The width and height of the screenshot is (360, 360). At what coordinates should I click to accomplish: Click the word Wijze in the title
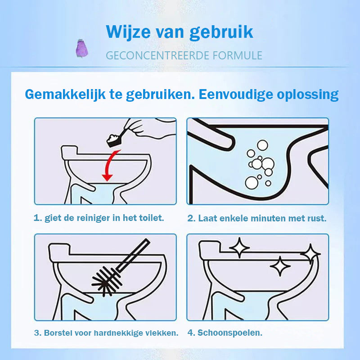(129, 32)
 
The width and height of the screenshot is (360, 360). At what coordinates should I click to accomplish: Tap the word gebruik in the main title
(221, 32)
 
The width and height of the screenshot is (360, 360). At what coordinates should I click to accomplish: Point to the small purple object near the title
(82, 49)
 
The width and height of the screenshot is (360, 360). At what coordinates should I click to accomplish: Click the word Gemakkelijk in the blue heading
(65, 94)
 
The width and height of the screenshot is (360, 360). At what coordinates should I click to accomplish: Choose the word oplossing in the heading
(308, 94)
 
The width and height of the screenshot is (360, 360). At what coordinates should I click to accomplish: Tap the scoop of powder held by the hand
(114, 140)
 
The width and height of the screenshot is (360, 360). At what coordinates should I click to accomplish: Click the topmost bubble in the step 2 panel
(262, 145)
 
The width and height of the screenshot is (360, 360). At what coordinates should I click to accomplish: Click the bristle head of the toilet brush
(106, 281)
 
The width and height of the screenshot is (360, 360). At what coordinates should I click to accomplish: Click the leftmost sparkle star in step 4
(239, 248)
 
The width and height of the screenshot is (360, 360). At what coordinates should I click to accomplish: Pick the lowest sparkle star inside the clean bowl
(280, 266)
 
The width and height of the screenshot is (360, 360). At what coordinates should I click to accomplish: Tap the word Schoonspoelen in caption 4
(229, 333)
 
